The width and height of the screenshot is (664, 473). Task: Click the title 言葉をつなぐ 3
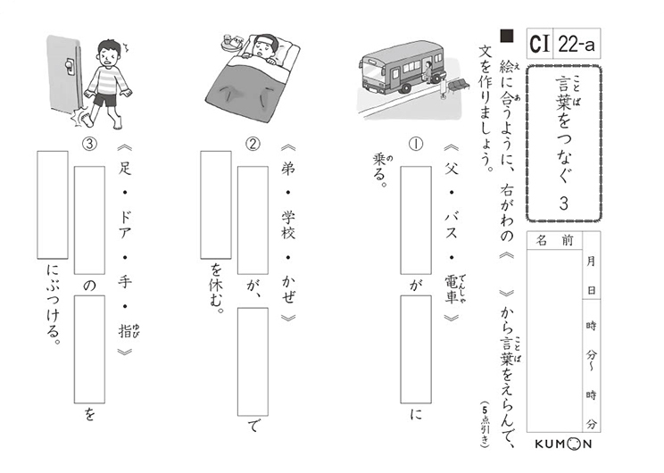[562, 147]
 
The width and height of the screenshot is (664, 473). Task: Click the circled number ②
[253, 145]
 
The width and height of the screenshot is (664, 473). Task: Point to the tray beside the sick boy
[230, 40]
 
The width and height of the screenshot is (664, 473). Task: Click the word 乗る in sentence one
[378, 173]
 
